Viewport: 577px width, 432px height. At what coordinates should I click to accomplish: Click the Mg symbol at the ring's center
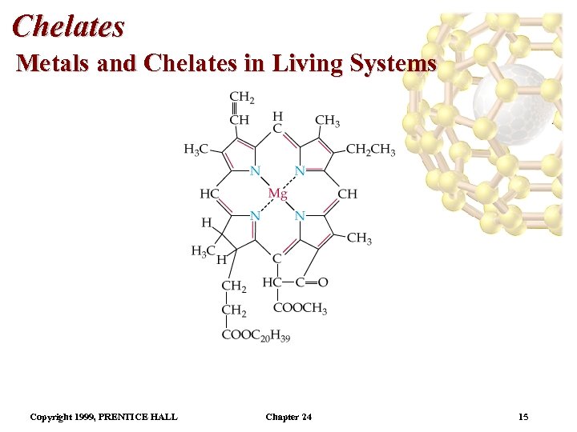[x=277, y=194]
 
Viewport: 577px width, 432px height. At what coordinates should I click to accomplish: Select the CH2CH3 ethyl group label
[x=370, y=150]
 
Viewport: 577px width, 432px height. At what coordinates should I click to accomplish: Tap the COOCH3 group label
[x=300, y=309]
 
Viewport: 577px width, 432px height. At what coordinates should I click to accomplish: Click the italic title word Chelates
[x=69, y=26]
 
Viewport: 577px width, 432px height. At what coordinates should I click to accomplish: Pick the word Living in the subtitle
[x=306, y=62]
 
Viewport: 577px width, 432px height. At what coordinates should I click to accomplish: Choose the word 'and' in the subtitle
[x=117, y=62]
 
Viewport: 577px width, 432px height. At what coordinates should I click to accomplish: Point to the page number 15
[x=523, y=417]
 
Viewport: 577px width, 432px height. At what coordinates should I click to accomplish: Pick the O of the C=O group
[x=322, y=282]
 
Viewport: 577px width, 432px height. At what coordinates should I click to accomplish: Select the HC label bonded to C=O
[x=271, y=282]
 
